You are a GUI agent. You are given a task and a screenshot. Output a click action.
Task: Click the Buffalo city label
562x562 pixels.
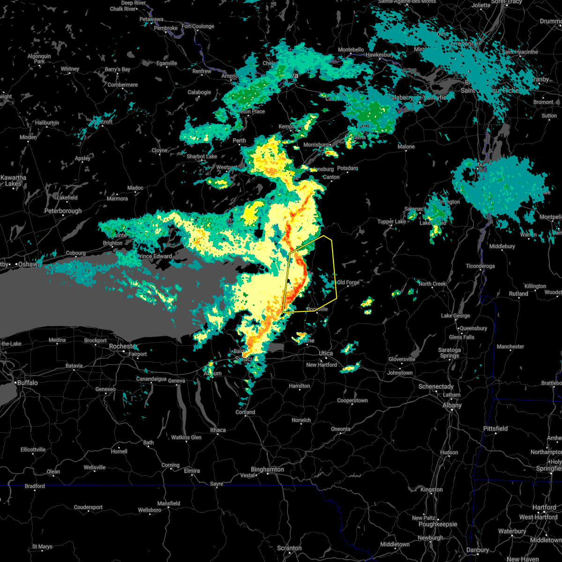27,383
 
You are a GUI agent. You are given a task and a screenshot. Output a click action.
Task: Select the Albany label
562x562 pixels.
452,406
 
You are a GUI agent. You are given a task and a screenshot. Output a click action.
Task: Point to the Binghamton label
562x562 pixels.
267,469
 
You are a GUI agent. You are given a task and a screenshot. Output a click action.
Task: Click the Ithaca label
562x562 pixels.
218,430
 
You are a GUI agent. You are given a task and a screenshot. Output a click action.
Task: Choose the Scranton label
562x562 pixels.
289,548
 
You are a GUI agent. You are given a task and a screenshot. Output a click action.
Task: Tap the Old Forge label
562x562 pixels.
348,282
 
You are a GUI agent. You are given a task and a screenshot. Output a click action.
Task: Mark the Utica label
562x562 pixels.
326,353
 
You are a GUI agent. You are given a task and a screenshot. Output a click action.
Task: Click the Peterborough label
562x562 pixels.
63,211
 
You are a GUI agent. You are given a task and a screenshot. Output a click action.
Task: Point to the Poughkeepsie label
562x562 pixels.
437,525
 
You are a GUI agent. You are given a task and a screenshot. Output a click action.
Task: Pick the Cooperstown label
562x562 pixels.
352,401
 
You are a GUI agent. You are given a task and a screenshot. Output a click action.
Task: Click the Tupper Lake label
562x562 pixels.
392,222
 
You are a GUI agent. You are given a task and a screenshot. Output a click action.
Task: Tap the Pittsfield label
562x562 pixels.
495,429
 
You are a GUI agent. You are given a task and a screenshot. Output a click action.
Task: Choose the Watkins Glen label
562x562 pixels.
186,437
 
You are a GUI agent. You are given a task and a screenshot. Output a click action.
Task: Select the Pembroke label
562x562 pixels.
166,28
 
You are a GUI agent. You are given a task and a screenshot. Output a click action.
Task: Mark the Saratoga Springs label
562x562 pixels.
450,353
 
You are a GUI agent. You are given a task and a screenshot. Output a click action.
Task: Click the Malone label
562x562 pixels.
406,147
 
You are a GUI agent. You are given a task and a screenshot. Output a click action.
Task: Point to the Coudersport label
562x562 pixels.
89,507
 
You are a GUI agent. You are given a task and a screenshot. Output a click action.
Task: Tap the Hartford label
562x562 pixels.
544,508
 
